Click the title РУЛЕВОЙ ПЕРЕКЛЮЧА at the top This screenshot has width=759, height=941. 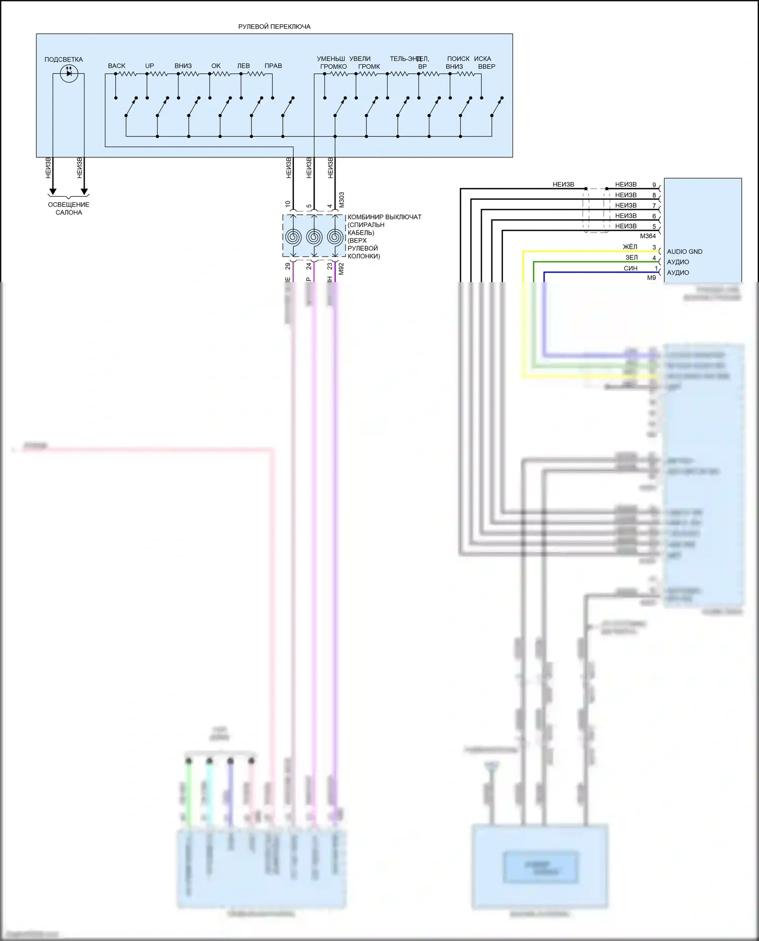pos(274,27)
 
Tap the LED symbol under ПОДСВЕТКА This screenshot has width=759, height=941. pos(69,73)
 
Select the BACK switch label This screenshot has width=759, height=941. pos(116,66)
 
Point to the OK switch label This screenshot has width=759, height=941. pos(216,66)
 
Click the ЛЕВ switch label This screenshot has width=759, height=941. pos(243,66)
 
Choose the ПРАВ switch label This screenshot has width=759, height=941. pos(273,66)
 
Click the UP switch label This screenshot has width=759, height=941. pos(150,66)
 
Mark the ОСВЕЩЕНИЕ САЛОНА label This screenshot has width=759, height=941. pos(69,208)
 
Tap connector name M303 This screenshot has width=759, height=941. pos(342,200)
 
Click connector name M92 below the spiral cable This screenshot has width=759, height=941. pos(341,268)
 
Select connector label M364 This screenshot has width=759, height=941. pos(648,236)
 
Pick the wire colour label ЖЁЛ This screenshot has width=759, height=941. pos(630,247)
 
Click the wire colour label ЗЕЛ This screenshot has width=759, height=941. pos(631,257)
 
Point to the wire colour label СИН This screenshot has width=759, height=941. pos(630,268)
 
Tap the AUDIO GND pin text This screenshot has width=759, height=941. pos(685,251)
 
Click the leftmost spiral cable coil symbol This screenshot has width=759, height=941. pos(293,237)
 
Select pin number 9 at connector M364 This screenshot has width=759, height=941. pos(654,185)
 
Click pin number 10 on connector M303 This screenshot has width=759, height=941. pos(288,204)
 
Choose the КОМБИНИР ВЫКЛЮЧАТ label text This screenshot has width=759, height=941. pos(385,217)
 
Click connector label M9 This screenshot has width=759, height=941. pos(652,278)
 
